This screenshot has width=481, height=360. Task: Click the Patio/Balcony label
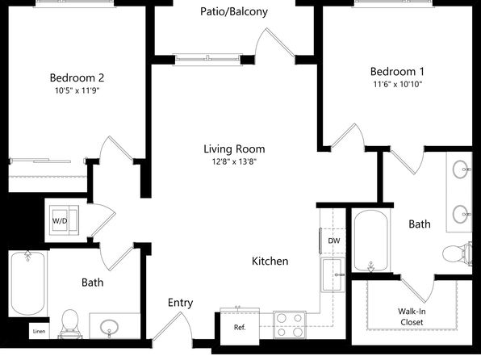(x=234, y=12)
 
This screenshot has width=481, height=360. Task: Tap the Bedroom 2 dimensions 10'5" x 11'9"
(x=77, y=90)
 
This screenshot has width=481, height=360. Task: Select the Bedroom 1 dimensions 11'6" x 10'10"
(x=398, y=84)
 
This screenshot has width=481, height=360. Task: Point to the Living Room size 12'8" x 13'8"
(x=234, y=161)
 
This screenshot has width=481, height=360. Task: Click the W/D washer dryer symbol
(x=64, y=220)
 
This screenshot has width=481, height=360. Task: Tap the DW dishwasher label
(x=334, y=241)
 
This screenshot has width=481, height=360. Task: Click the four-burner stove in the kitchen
(x=290, y=324)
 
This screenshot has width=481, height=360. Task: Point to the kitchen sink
(x=333, y=274)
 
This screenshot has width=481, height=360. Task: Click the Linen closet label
(x=39, y=331)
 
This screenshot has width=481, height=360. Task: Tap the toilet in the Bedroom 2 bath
(x=70, y=324)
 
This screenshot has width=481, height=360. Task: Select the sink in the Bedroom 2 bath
(x=110, y=327)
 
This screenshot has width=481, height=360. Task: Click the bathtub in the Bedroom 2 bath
(x=28, y=283)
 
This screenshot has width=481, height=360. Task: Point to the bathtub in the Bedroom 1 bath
(x=371, y=241)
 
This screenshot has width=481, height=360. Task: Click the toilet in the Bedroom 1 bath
(x=458, y=253)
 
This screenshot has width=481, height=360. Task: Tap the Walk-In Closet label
(x=412, y=316)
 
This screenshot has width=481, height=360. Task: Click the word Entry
(x=181, y=303)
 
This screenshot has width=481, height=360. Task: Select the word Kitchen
(x=270, y=262)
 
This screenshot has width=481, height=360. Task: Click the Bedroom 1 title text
(x=397, y=72)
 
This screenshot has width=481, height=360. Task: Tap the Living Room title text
(x=234, y=149)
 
